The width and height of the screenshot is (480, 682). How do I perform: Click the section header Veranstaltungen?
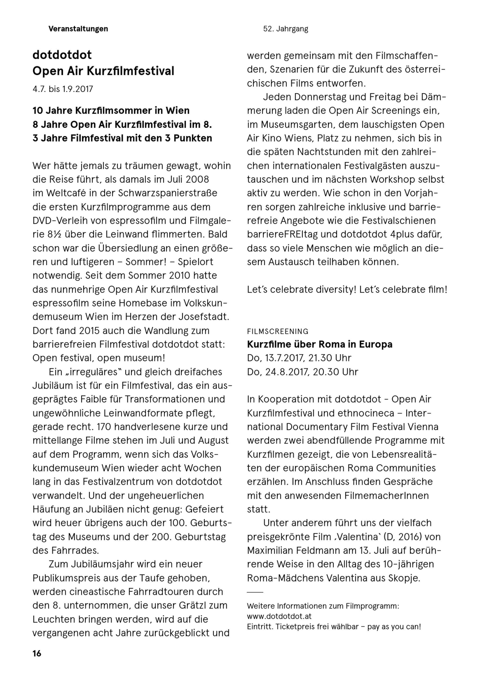click(x=78, y=29)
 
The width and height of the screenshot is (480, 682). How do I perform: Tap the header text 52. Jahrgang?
click(x=285, y=29)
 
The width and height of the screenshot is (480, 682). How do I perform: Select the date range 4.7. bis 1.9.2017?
click(x=63, y=89)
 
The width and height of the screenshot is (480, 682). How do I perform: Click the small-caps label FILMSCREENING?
click(x=277, y=331)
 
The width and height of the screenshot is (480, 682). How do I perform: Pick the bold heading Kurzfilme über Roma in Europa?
click(x=319, y=344)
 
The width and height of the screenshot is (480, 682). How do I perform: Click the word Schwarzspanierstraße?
click(x=168, y=193)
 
